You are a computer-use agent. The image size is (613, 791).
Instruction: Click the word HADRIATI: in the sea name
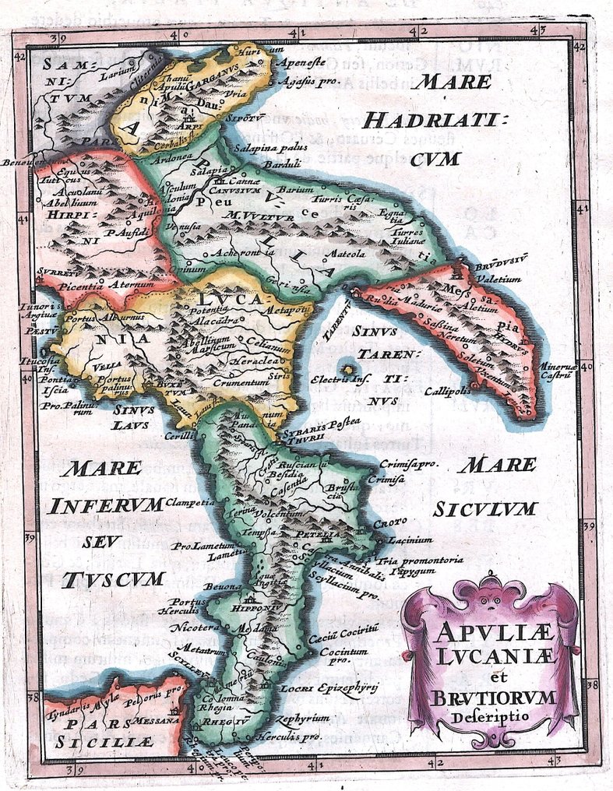[x=435, y=120]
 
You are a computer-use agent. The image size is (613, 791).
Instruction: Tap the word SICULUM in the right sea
[x=484, y=508]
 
